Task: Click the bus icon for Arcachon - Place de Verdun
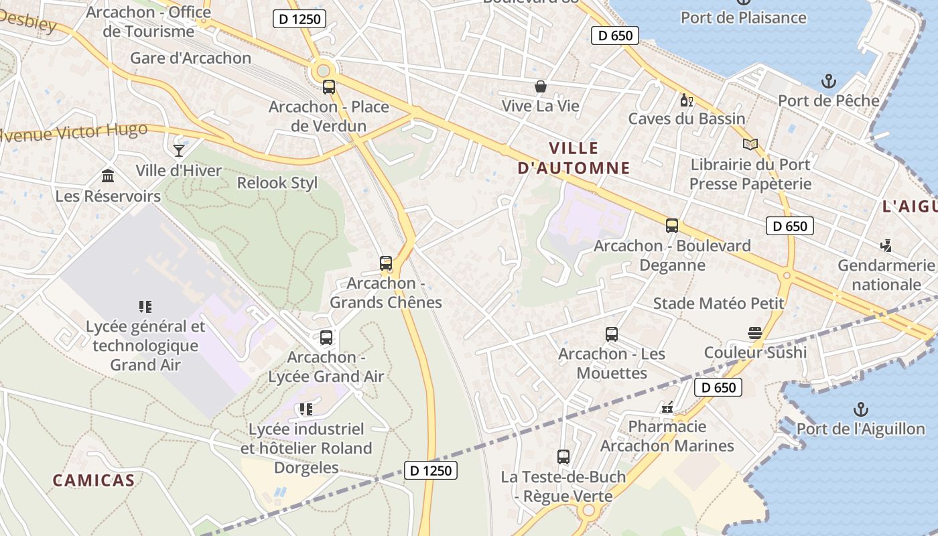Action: (328, 86)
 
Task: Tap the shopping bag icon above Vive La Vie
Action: (540, 86)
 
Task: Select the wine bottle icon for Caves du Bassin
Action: (686, 100)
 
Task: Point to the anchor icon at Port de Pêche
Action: (829, 82)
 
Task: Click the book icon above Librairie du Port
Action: (750, 145)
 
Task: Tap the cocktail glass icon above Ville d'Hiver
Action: (179, 150)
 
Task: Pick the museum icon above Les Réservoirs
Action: (108, 176)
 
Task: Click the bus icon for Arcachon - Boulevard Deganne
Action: (672, 226)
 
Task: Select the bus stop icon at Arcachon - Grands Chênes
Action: (386, 263)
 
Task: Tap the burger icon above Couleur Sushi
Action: (755, 333)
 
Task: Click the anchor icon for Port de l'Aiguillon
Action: (860, 409)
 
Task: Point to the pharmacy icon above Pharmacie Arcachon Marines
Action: (667, 407)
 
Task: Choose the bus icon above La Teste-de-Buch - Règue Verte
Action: (563, 457)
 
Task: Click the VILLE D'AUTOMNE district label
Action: (574, 158)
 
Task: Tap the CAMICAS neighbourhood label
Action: (94, 480)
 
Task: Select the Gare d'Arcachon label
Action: (191, 58)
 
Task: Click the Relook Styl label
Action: (277, 183)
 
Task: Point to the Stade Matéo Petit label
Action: (718, 304)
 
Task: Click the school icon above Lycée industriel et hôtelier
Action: (306, 409)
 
